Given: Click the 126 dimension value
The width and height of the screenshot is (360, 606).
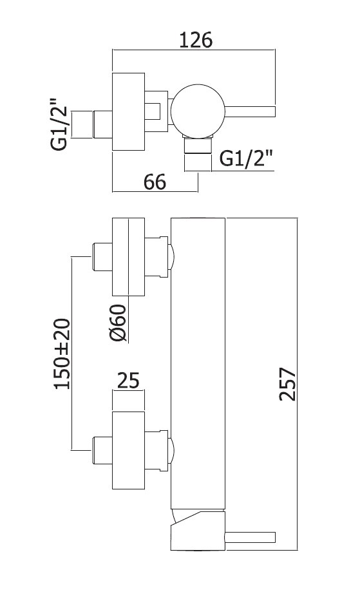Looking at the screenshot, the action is click(196, 40).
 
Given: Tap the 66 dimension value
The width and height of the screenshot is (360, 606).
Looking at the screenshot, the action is click(155, 182).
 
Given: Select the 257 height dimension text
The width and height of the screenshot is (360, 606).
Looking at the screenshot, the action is click(288, 384).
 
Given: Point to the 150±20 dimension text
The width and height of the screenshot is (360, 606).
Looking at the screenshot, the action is click(62, 354).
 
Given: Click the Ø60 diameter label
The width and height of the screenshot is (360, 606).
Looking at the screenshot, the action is click(118, 323).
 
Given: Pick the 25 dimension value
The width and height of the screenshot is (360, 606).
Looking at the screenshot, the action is click(128, 381).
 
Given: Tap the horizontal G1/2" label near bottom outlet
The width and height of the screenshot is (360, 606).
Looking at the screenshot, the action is click(246, 158).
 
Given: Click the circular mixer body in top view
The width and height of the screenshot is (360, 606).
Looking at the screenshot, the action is click(198, 111).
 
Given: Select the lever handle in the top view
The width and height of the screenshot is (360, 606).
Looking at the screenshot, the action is click(250, 111).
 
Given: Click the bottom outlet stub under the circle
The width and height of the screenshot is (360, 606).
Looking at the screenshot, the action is click(198, 146).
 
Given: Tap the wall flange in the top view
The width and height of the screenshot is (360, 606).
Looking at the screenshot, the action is click(128, 111).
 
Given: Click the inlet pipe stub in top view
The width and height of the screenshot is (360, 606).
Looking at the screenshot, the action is click(102, 124).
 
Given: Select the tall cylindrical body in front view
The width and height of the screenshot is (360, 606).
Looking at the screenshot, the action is click(198, 364).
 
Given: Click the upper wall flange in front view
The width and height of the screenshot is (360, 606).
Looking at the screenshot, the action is click(128, 257).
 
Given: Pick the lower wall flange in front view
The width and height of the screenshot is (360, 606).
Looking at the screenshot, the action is click(128, 450).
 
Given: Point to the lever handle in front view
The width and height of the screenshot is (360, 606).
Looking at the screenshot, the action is click(250, 537).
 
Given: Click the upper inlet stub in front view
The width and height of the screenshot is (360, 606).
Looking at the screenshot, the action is click(102, 257).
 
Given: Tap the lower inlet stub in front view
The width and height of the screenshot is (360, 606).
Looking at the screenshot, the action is click(102, 450).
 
